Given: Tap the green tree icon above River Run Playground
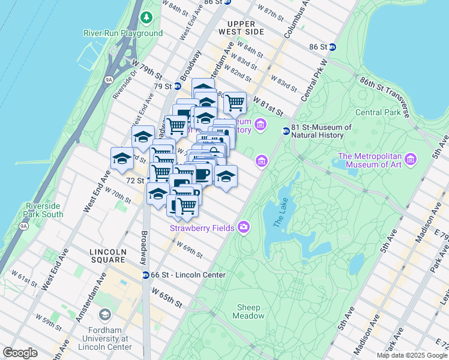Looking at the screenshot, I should [x=146, y=18].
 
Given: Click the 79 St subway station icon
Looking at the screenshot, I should [x=177, y=86].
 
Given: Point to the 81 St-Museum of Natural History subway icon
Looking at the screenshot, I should [x=286, y=131].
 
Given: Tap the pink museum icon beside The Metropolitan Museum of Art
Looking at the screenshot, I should [x=411, y=160].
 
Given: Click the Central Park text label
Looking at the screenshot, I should [x=378, y=112].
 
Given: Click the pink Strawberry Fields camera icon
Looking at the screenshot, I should [x=244, y=227].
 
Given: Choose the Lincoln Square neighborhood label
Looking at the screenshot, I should [x=107, y=256].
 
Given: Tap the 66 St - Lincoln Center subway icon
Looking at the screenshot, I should [x=145, y=275].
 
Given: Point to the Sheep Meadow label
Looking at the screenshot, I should [x=249, y=311].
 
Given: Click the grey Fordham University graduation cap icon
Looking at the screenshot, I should [x=105, y=315].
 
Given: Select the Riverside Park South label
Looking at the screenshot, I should [x=44, y=210].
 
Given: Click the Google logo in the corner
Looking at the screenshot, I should [x=20, y=352].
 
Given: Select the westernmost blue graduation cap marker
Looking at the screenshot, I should [x=122, y=158].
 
